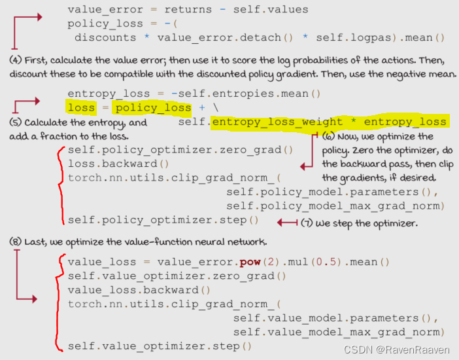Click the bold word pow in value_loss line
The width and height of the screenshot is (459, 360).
pos(250,262)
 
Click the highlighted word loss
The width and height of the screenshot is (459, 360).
pos(81,108)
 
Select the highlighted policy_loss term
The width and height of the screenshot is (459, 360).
pos(152,108)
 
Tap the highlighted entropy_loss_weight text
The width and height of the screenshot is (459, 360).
pos(277,122)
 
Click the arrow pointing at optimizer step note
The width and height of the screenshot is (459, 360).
pos(287,223)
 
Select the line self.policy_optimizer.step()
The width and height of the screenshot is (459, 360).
pos(163,220)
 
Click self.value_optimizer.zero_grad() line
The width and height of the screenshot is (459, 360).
pos(177,276)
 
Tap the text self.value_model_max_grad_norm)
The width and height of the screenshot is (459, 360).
pos(339,332)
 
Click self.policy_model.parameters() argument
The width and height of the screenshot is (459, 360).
pos(331,192)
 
